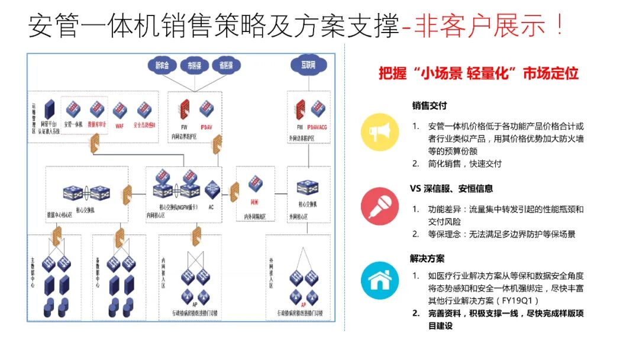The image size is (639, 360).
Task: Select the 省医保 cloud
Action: pyautogui.click(x=226, y=65)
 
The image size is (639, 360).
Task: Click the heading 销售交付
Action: pyautogui.click(x=430, y=106)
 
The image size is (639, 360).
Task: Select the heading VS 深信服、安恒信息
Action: pyautogui.click(x=451, y=189)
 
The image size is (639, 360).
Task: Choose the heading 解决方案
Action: pyautogui.click(x=427, y=259)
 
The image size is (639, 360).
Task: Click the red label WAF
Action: pyautogui.click(x=120, y=126)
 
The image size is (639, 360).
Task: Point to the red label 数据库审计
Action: pyautogui.click(x=97, y=125)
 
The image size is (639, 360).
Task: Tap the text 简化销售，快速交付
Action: pyautogui.click(x=464, y=163)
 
